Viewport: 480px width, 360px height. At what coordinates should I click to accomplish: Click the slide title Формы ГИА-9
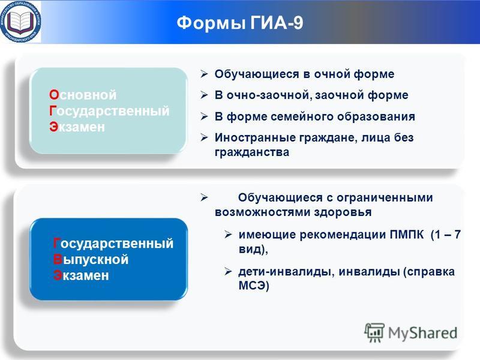(x=239, y=23)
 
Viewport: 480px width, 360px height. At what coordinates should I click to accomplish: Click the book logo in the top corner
(x=20, y=22)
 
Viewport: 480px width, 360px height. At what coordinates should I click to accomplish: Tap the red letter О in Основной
(x=54, y=95)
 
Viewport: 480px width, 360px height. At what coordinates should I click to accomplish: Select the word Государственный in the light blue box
(x=109, y=111)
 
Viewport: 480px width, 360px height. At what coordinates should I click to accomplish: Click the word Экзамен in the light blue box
(x=77, y=127)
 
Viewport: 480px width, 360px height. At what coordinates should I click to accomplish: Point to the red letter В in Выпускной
(x=58, y=260)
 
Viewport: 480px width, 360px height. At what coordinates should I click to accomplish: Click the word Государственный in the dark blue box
(x=113, y=244)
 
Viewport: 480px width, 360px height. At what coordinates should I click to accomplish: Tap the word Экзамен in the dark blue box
(x=81, y=275)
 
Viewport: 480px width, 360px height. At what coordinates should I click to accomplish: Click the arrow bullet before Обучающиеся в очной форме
(x=204, y=74)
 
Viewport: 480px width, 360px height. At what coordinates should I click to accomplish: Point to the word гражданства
(x=251, y=152)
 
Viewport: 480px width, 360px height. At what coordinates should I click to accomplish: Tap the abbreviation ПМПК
(x=407, y=235)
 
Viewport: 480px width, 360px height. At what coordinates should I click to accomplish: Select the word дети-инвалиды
(x=284, y=272)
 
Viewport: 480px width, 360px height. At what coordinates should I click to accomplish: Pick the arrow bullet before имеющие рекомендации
(x=228, y=235)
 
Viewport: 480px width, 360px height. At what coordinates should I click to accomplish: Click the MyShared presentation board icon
(x=374, y=332)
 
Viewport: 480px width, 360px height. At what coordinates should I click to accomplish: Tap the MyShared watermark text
(x=422, y=333)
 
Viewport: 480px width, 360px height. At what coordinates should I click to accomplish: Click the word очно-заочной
(x=269, y=95)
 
